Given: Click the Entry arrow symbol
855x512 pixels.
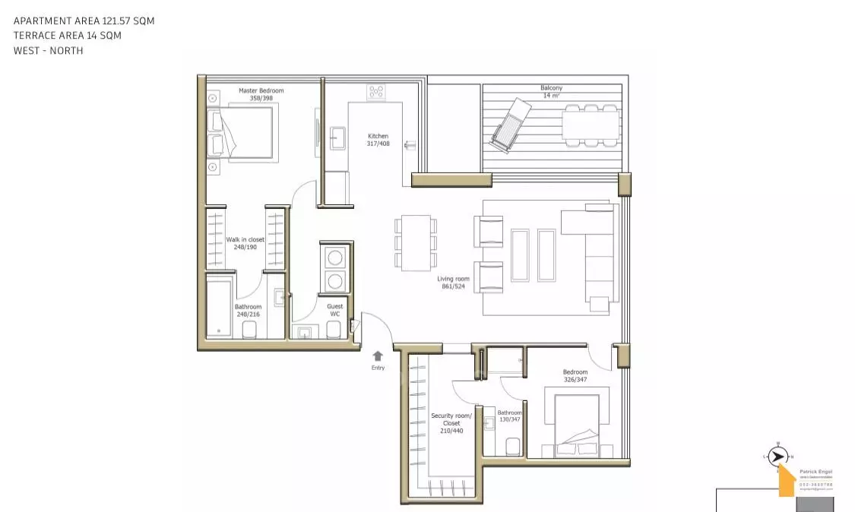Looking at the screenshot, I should pos(378,355).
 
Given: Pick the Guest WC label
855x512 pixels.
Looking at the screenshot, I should pos(334,311).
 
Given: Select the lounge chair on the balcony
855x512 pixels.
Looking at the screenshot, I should pos(509,125).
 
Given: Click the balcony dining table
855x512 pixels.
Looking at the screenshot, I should pos(590,125).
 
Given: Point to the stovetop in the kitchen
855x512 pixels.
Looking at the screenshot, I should pos(375,93).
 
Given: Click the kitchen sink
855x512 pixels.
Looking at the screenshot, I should pos(337,137).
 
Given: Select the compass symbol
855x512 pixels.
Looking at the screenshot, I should pos(777,456).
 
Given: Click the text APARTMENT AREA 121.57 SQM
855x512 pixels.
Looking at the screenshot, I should pos(84,21).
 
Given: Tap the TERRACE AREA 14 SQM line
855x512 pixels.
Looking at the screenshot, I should pos(68,36).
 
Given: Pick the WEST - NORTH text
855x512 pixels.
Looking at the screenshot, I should pos(48,50).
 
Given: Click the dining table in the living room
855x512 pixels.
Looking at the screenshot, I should pos(415,242).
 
